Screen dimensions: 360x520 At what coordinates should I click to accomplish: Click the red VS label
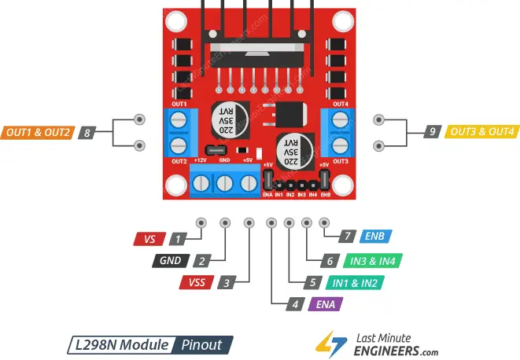(150, 237)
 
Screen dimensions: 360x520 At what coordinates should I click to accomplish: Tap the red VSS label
(195, 282)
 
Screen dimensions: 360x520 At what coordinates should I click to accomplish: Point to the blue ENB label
(374, 236)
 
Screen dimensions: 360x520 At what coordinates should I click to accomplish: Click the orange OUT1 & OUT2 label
(37, 132)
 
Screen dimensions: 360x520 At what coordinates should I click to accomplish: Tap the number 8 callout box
(87, 132)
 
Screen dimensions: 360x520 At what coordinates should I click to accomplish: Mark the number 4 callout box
(295, 303)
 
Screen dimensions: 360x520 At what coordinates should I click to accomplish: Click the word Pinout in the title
(202, 344)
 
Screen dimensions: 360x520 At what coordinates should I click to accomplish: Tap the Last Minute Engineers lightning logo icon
(327, 342)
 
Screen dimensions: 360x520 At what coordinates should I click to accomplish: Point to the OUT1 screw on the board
(178, 119)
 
